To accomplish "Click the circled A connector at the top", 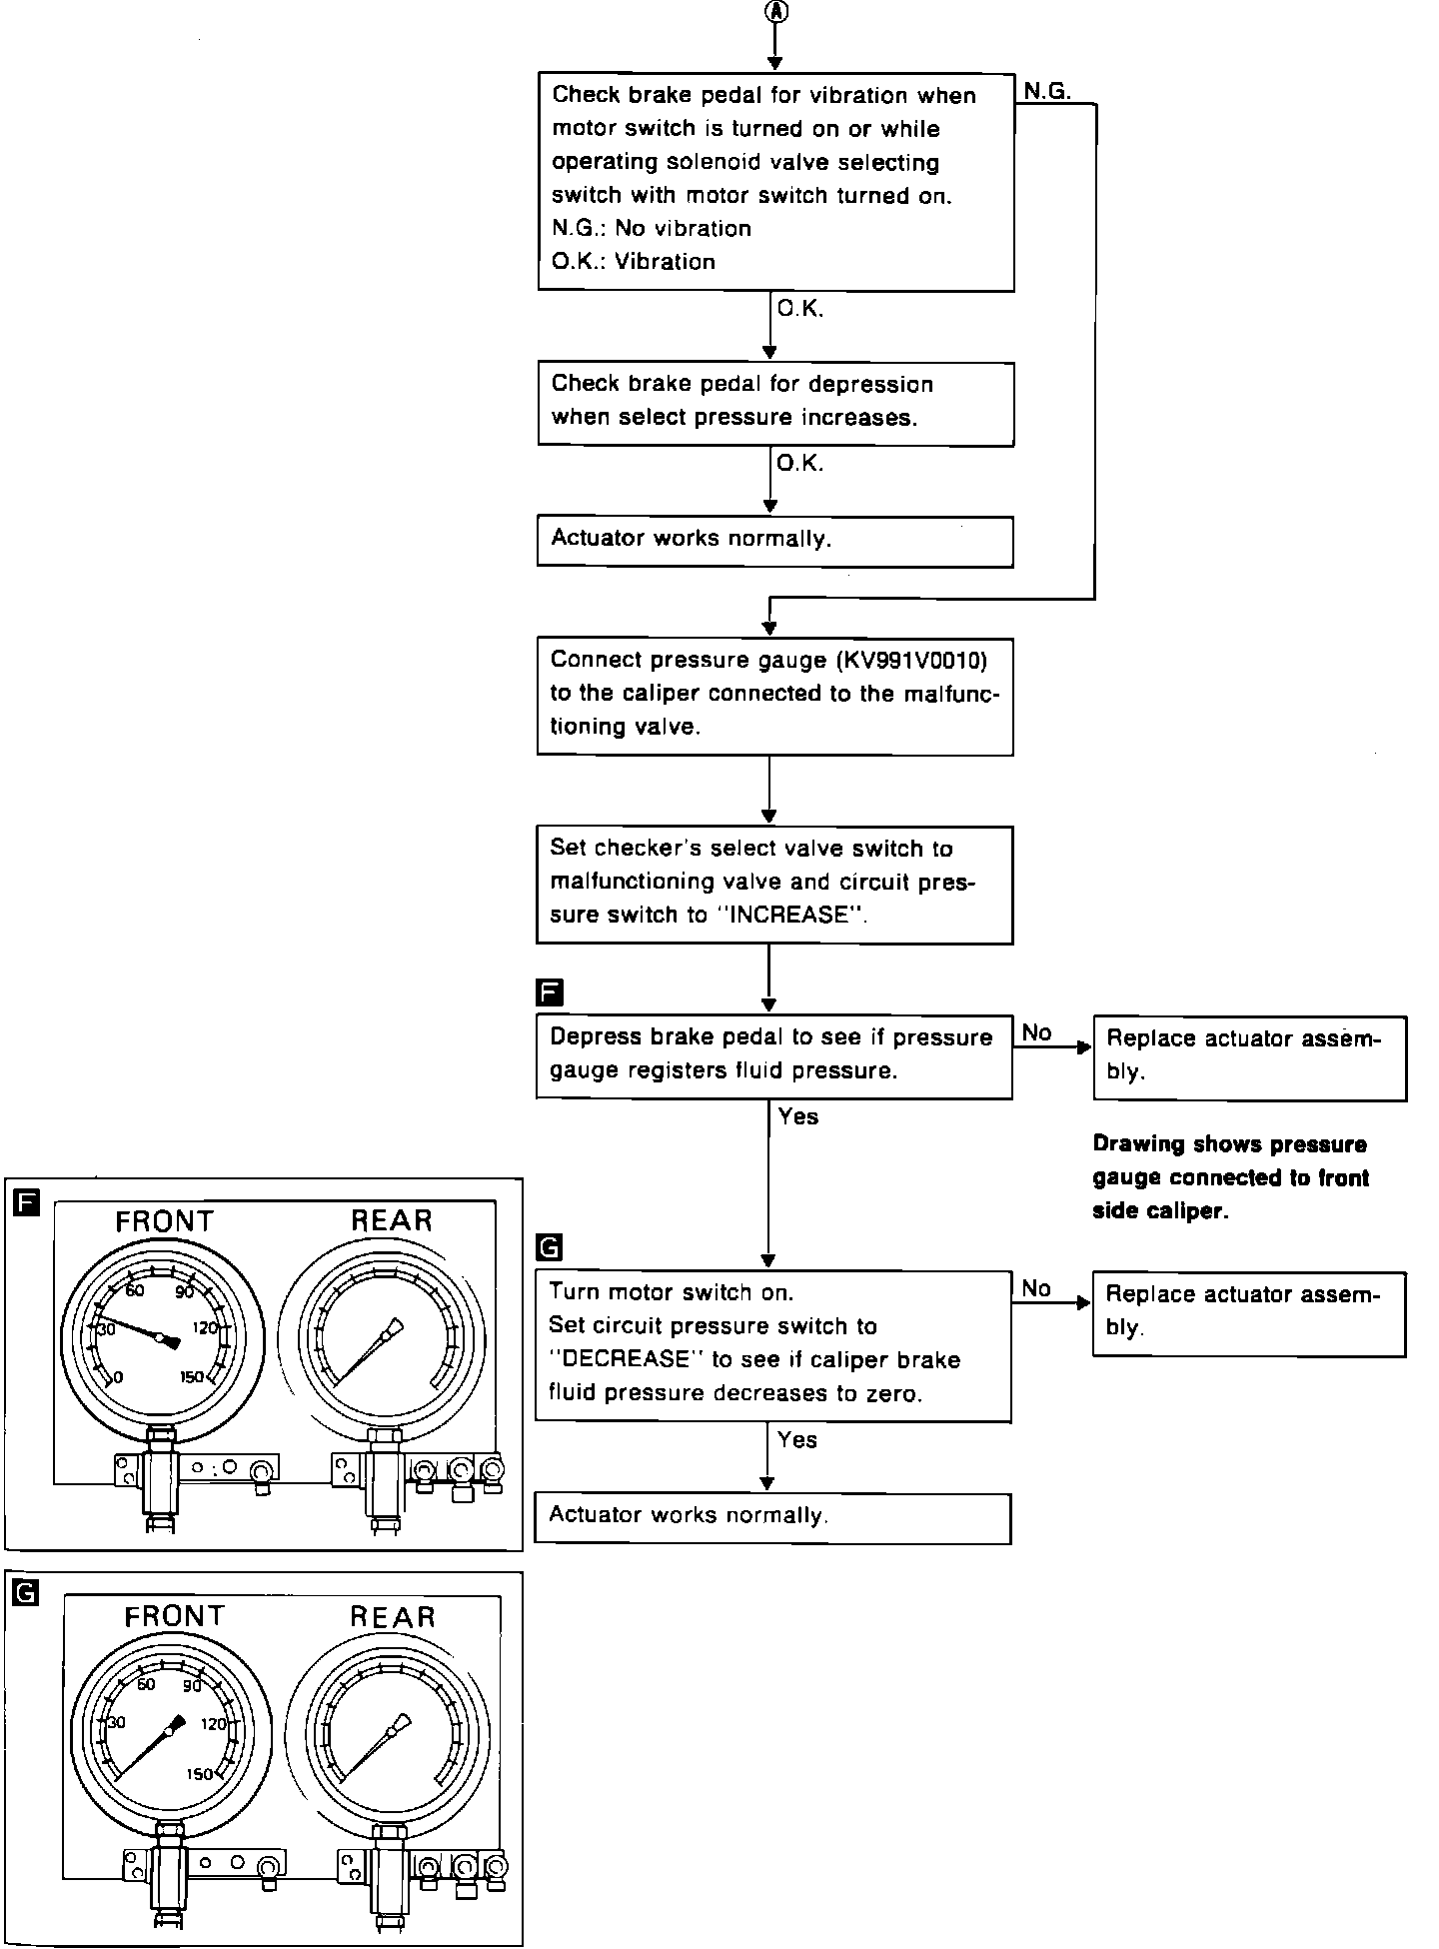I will point(775,12).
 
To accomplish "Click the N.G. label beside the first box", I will point(1046,91).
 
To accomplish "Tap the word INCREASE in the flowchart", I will point(790,916).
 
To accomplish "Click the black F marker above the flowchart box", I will point(550,992).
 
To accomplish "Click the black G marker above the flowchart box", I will point(550,1247).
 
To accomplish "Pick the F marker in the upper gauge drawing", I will point(26,1203).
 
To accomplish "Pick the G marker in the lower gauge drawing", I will point(26,1592).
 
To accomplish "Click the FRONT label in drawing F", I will point(165,1221).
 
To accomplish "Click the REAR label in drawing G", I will point(393,1617).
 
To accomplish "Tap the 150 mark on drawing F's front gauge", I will point(191,1377).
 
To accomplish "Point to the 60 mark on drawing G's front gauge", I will point(146,1685).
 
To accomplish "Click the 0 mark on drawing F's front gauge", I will point(118,1377).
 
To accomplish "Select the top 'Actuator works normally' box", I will point(774,541).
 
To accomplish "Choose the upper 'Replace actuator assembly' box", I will point(1249,1057).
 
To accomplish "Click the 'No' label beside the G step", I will point(1036,1288).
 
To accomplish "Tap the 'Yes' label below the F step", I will point(797,1116).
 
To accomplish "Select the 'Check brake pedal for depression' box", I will point(774,403).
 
